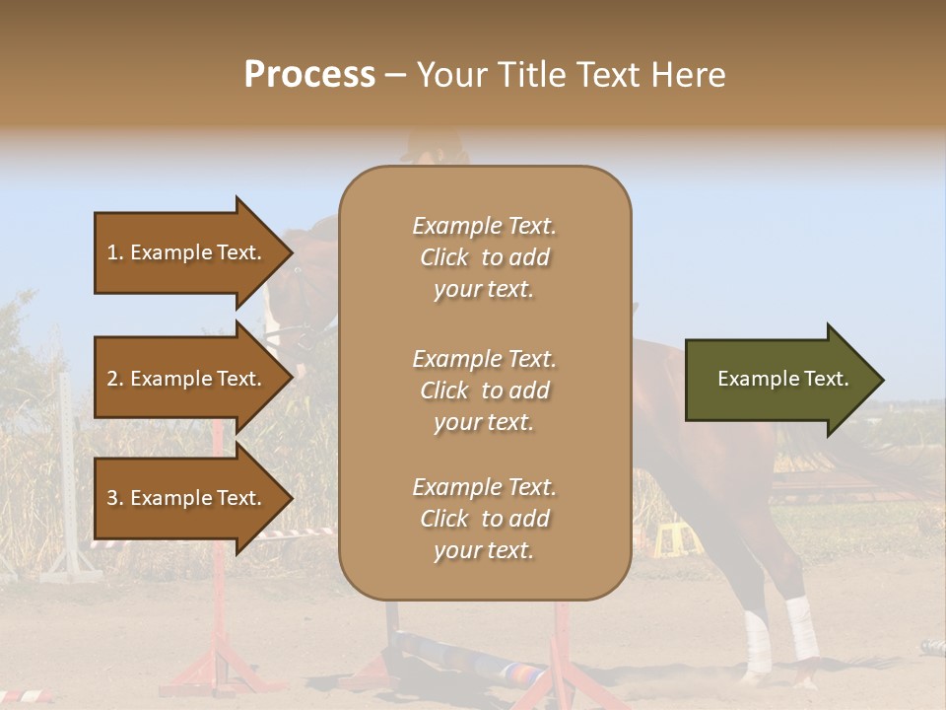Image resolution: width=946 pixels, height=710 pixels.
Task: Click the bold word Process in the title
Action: (x=309, y=74)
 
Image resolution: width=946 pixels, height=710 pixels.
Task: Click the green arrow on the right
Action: (x=778, y=380)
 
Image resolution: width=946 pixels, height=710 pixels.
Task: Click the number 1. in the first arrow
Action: (x=115, y=252)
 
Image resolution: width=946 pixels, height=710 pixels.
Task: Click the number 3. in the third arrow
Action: (x=115, y=498)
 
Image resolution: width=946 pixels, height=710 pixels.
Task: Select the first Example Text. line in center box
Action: (x=484, y=226)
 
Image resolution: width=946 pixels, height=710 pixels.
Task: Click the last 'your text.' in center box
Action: (x=484, y=550)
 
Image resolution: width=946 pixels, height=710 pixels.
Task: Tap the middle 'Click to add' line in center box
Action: (x=484, y=390)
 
